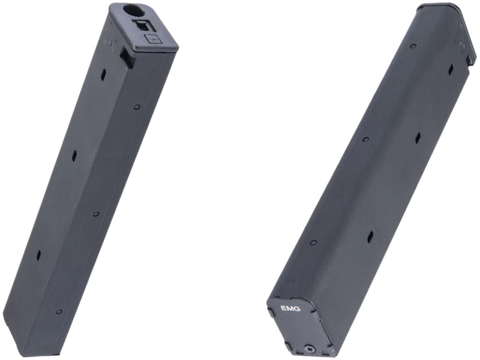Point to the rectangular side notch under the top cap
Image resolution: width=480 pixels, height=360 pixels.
[126, 58]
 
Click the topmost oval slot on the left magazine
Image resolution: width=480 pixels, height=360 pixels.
[103, 76]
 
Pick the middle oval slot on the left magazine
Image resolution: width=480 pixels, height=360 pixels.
[74, 155]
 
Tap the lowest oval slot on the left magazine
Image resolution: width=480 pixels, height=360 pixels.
[38, 255]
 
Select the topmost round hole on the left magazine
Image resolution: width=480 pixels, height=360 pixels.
[137, 107]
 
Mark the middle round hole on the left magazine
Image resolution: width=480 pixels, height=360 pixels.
[95, 214]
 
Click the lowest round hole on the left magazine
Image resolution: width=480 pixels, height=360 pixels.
[59, 311]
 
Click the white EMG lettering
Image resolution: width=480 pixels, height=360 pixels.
[290, 308]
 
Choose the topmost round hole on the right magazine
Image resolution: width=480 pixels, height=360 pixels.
[413, 46]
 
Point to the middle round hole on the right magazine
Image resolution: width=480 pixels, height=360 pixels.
[365, 139]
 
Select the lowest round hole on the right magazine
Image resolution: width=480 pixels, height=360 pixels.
[313, 242]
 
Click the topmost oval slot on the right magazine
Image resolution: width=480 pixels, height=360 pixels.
[450, 70]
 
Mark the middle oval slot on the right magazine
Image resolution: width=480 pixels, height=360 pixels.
[418, 138]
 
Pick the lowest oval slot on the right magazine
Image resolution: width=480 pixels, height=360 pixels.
[370, 236]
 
